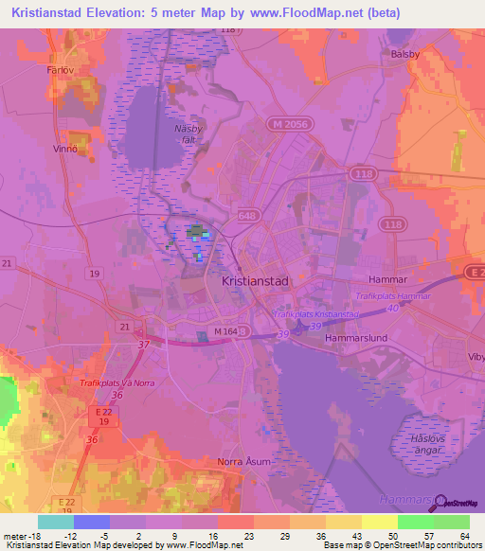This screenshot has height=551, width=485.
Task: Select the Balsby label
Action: point(404,54)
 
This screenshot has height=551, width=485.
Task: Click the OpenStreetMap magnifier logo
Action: point(437,503)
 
